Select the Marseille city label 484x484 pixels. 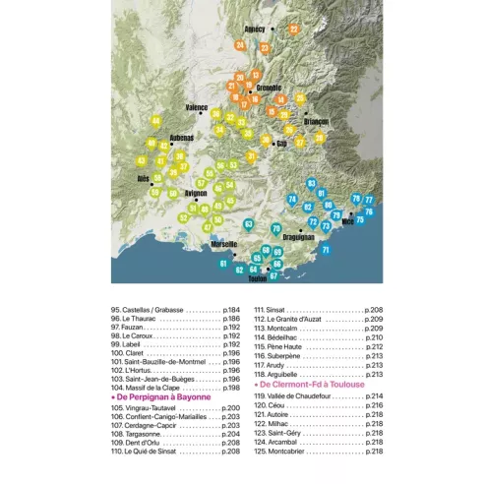click(x=224, y=243)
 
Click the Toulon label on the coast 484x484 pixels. click(x=258, y=278)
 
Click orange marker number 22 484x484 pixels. click(x=293, y=30)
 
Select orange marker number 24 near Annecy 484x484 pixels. click(x=239, y=45)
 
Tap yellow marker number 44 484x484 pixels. click(x=155, y=121)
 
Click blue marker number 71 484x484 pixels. click(x=326, y=250)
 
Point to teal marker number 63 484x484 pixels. click(x=248, y=224)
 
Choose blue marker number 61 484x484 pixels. click(x=223, y=263)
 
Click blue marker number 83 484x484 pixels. click(x=312, y=183)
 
